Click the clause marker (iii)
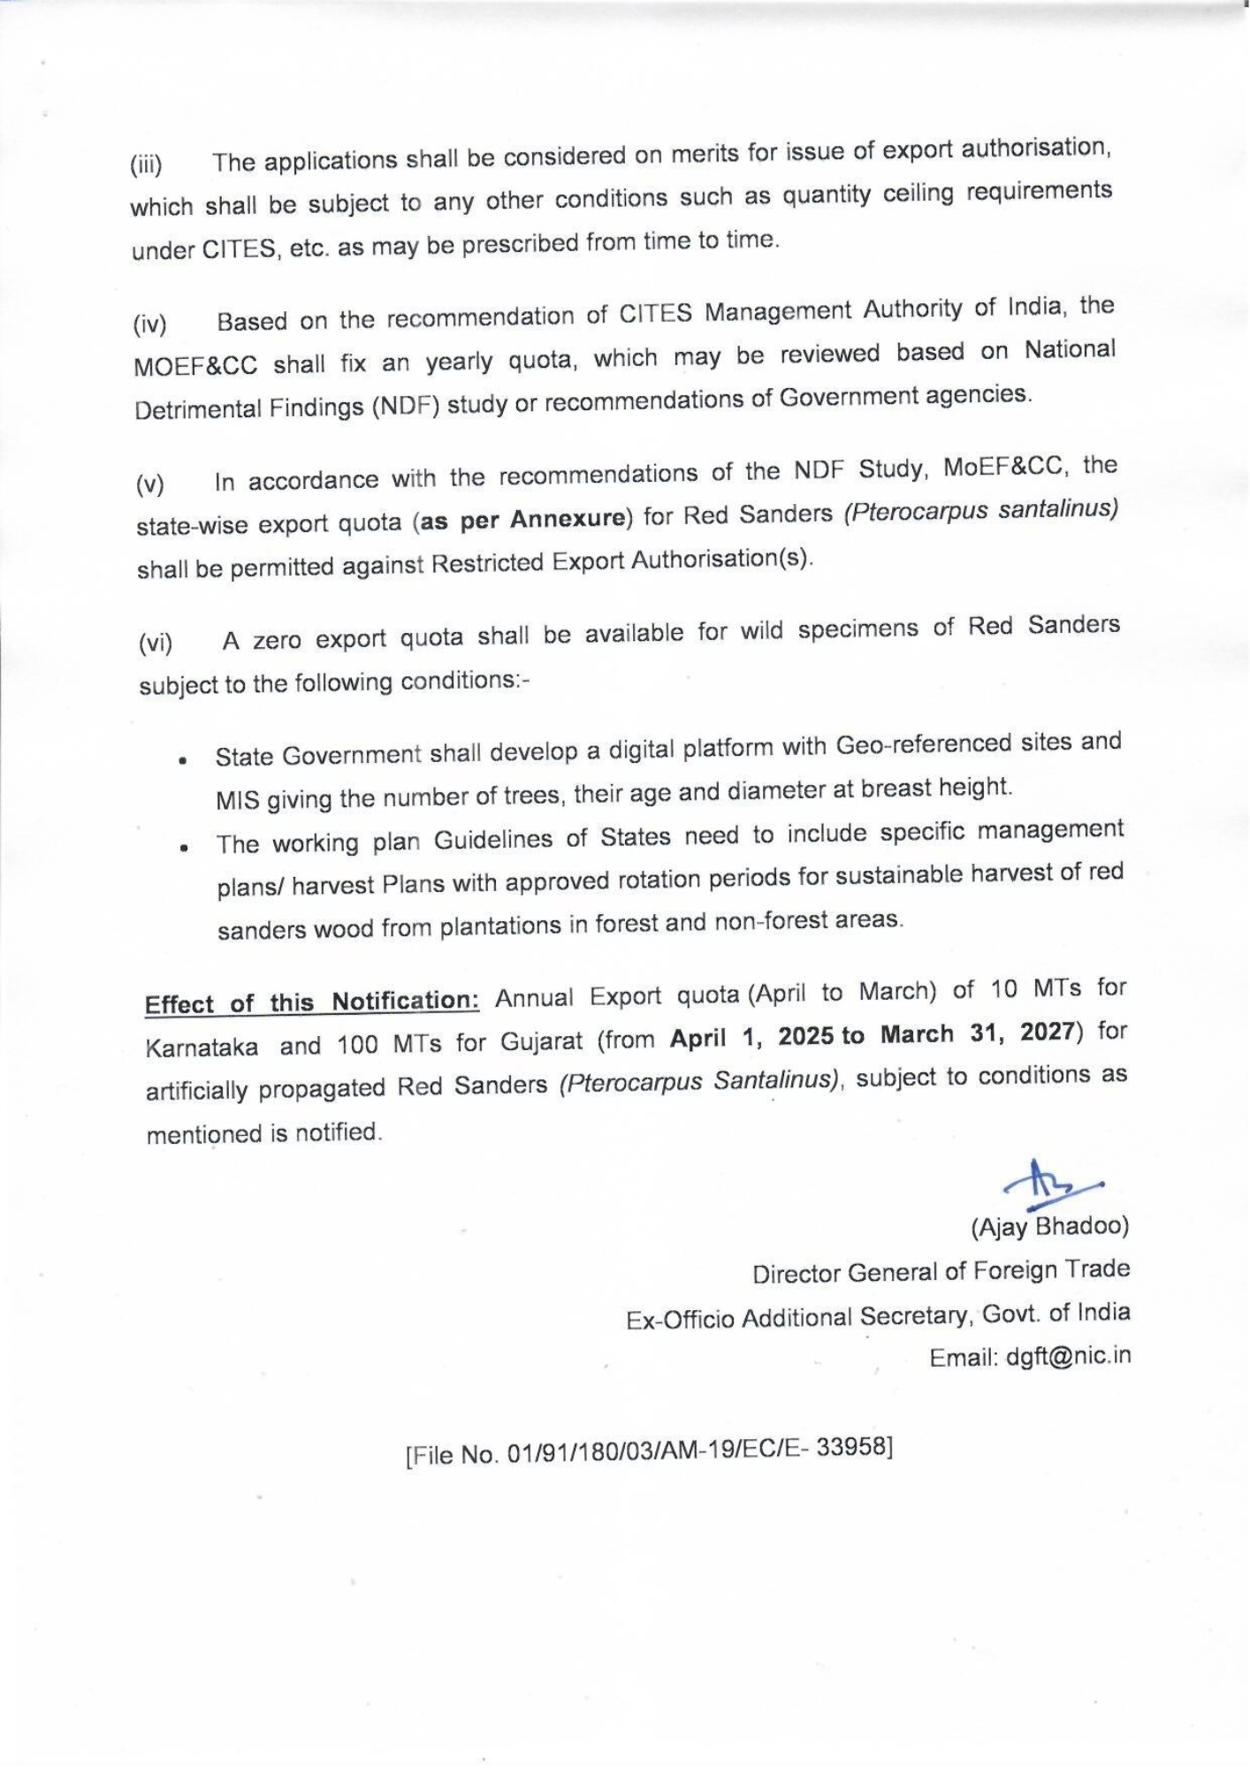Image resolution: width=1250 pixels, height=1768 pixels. pyautogui.click(x=147, y=165)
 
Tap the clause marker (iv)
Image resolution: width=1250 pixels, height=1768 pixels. pyautogui.click(x=149, y=325)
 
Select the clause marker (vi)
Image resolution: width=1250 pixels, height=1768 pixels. pyautogui.click(x=156, y=644)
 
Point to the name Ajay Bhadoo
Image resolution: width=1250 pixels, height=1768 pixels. pyautogui.click(x=1050, y=1226)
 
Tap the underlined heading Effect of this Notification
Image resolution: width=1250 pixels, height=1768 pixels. pyautogui.click(x=312, y=1002)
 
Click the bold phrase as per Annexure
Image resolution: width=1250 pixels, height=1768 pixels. pyautogui.click(x=523, y=519)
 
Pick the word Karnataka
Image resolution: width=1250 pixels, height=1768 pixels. pyautogui.click(x=202, y=1048)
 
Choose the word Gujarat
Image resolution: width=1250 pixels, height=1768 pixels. pyautogui.click(x=542, y=1041)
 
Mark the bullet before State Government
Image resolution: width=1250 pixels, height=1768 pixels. pyautogui.click(x=182, y=759)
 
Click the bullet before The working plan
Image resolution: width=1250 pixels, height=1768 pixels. pyautogui.click(x=183, y=846)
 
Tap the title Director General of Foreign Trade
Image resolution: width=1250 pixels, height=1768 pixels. pyautogui.click(x=941, y=1272)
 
